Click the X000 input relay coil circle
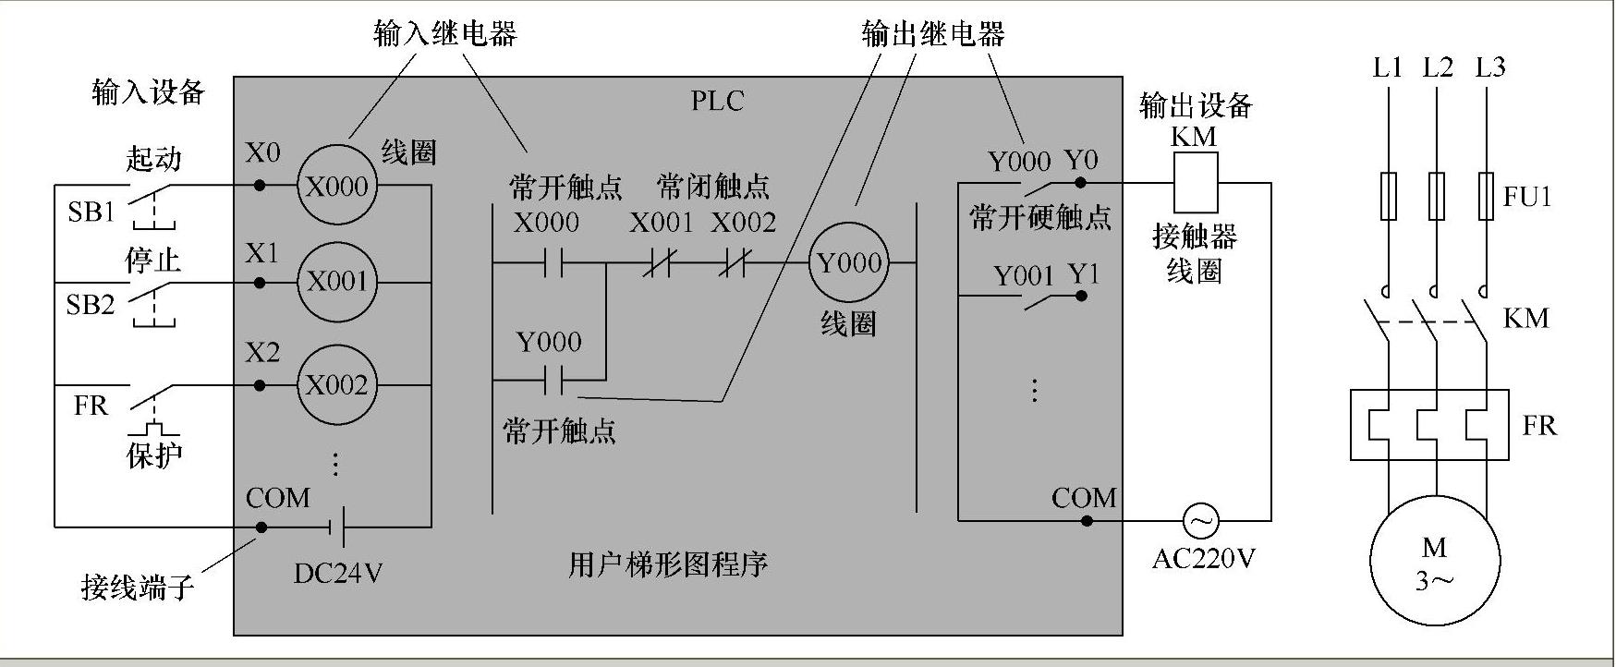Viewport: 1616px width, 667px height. pos(337,186)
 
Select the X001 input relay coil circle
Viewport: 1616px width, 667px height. pos(337,282)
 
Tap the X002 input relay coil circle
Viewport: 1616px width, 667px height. pos(337,385)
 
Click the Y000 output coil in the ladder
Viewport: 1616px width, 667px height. pos(849,263)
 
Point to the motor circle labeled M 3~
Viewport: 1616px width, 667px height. pos(1434,561)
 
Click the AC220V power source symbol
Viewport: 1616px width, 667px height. pos(1200,521)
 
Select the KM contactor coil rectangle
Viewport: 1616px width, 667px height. pos(1196,183)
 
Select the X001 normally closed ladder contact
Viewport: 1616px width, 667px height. pos(658,264)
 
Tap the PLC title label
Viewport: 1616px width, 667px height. pos(717,101)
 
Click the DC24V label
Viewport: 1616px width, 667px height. pos(337,574)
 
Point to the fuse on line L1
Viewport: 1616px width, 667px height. pos(1388,196)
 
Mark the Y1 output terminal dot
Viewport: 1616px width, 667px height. pos(1081,297)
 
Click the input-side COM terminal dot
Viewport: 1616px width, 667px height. pos(261,528)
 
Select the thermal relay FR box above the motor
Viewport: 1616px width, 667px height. pos(1429,425)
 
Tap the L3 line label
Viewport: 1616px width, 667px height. pos(1489,67)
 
